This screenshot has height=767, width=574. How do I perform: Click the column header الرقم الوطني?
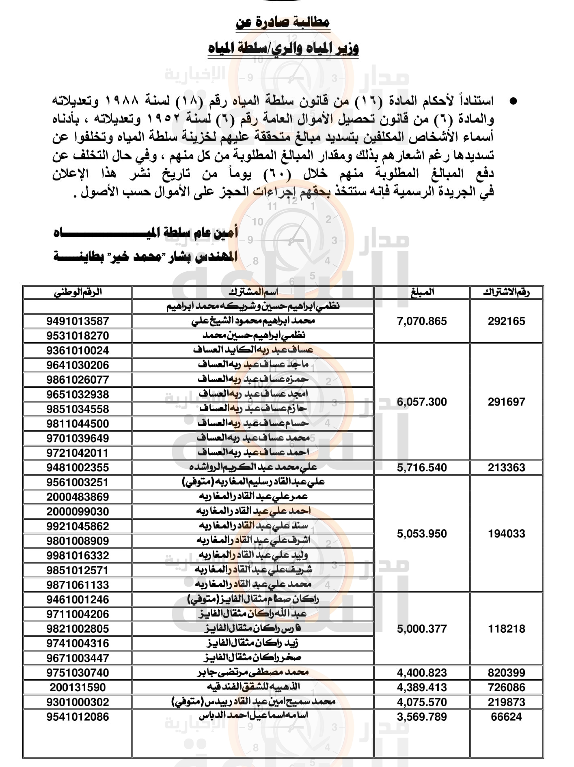[x=78, y=292]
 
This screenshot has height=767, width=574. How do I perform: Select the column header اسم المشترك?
[x=253, y=292]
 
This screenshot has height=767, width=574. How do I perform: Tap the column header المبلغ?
[x=422, y=292]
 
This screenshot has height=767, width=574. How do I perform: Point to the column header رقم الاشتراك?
[x=506, y=292]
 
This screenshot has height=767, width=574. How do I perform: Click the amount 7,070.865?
[x=422, y=321]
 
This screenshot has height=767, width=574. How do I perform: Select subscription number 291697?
[x=506, y=402]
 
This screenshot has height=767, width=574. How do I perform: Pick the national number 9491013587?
[x=78, y=321]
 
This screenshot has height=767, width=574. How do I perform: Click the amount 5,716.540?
[x=422, y=468]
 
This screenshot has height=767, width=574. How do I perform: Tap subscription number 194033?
[x=506, y=534]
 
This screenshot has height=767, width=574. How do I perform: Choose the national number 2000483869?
[x=78, y=497]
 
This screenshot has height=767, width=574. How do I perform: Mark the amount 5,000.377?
[x=422, y=629]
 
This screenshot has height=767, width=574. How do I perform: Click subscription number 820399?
[x=506, y=673]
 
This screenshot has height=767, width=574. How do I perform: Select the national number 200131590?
[x=78, y=688]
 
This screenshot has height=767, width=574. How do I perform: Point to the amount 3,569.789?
[x=422, y=717]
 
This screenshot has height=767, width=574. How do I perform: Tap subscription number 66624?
[x=506, y=717]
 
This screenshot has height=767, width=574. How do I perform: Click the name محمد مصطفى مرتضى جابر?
[x=253, y=672]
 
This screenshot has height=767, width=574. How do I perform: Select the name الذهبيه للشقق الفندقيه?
[x=253, y=687]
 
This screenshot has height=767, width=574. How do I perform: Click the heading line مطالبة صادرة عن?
[x=283, y=22]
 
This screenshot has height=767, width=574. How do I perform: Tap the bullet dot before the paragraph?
[x=514, y=101]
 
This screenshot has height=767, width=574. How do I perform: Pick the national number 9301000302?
[x=78, y=702]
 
